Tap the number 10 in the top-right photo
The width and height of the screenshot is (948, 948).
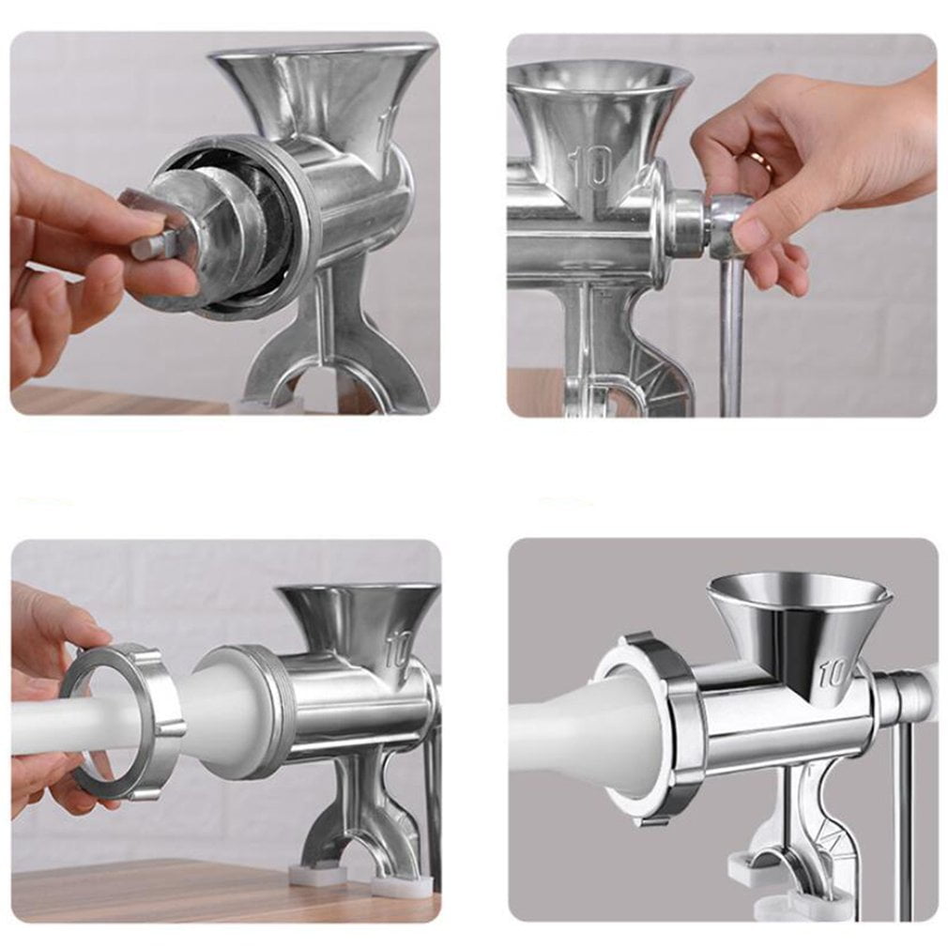point(593,166)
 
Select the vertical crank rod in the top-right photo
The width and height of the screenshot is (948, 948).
point(732,338)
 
